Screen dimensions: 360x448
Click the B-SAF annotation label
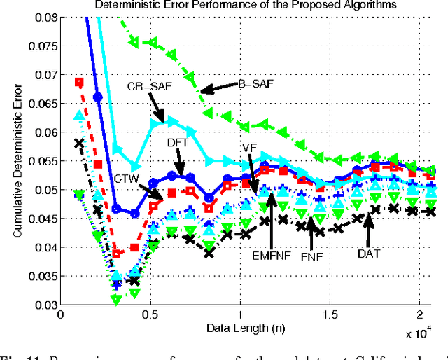tap(257, 84)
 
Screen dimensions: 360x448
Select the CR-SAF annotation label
tap(145, 87)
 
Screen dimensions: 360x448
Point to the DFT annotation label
tap(177, 142)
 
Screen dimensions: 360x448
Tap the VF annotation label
tap(248, 148)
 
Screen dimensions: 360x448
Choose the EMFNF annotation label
tap(269, 256)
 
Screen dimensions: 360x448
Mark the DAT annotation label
tap(368, 253)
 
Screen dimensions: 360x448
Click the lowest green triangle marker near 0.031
tap(116, 299)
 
